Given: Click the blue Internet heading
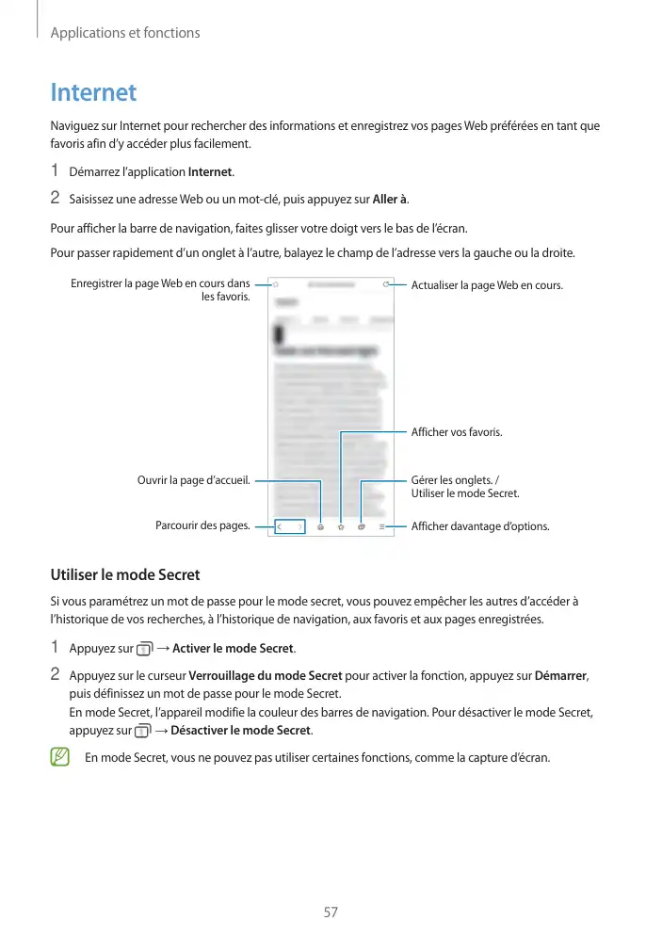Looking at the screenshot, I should [x=93, y=93].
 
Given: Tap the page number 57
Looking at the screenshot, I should [x=331, y=912].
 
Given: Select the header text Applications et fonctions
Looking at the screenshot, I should [x=125, y=33].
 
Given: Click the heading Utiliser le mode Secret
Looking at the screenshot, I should [x=124, y=574].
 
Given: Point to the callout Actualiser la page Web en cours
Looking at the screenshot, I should [x=487, y=285].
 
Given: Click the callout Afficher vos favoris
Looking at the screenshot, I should [x=457, y=432].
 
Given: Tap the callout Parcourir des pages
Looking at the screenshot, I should [x=202, y=526].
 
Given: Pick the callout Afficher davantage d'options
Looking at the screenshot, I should [x=480, y=526].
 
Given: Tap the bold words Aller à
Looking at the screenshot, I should [x=390, y=198].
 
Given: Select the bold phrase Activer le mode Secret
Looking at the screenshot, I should [x=234, y=648].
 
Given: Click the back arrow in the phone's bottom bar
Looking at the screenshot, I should [x=280, y=526].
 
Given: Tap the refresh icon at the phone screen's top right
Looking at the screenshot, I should [x=386, y=282].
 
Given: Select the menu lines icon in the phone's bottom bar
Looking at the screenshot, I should [x=382, y=526].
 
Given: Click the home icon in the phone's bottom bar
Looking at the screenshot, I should [x=321, y=526].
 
